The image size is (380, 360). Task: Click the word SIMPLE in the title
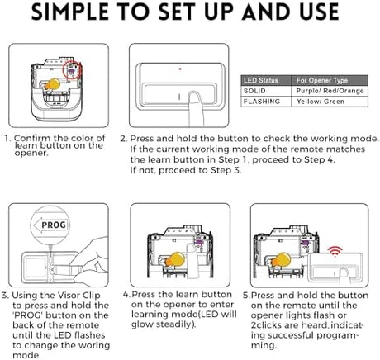70,12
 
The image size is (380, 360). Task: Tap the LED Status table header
261,80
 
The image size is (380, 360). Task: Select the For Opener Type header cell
322,80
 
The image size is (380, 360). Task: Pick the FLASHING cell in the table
262,102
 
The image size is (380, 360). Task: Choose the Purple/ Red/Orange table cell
330,91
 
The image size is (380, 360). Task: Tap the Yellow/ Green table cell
321,102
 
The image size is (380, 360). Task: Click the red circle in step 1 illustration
72,70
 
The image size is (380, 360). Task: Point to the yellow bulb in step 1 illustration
53,84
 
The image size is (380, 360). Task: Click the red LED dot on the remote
180,69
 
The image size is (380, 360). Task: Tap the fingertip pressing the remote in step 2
195,97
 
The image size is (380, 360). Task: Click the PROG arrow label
50,225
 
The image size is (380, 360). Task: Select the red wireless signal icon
335,252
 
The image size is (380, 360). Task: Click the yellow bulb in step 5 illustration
281,260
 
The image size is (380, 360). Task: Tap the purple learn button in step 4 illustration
198,242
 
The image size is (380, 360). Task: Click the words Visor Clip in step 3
79,296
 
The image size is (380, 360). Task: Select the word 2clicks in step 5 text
267,325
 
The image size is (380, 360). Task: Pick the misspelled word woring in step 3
93,346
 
